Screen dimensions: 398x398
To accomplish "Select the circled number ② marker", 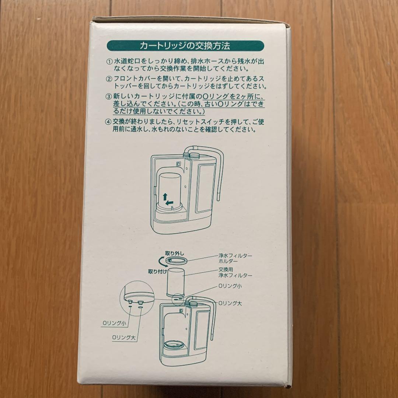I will point(109,79).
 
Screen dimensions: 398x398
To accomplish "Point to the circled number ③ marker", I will point(109,97).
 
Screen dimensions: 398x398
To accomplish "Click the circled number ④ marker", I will point(109,122).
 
